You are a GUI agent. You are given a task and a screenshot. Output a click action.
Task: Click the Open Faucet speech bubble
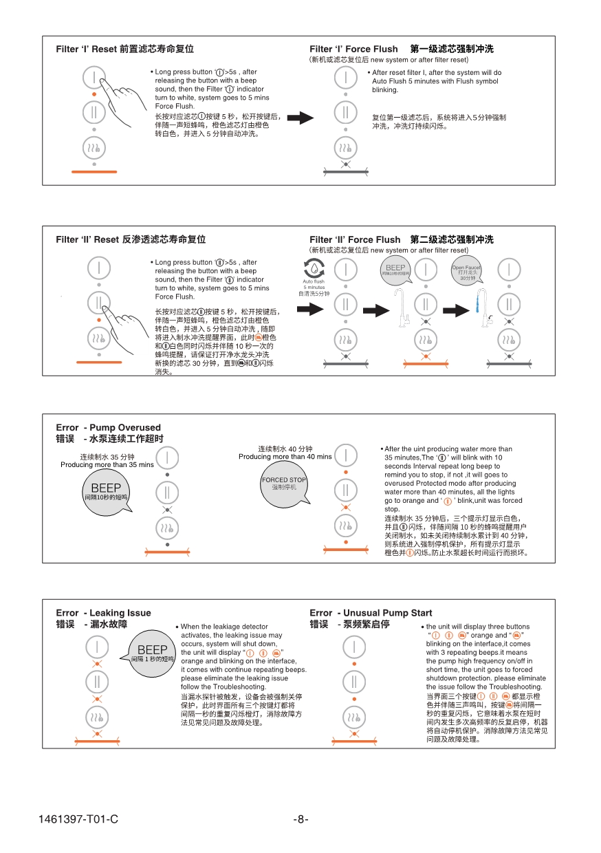click(x=467, y=273)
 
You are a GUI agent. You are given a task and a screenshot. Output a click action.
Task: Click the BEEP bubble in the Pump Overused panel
click(x=107, y=492)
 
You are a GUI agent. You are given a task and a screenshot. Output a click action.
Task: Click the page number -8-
click(x=300, y=819)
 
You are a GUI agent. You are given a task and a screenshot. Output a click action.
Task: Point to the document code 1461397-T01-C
click(x=78, y=819)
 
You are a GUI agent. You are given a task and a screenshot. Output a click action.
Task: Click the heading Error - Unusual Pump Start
click(x=371, y=613)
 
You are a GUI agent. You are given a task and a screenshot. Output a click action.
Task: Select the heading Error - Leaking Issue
click(x=103, y=613)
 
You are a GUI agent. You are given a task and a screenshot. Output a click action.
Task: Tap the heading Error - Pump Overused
click(x=109, y=427)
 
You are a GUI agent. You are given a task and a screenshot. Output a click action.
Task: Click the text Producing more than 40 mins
click(x=285, y=457)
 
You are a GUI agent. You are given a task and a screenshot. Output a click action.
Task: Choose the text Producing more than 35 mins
click(x=107, y=465)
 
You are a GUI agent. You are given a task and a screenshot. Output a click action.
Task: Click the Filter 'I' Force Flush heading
click(x=353, y=49)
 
